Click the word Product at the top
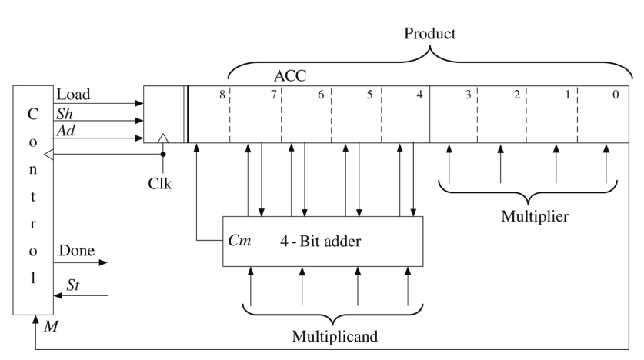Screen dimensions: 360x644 pyautogui.click(x=431, y=35)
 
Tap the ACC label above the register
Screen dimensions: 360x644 pyautogui.click(x=290, y=77)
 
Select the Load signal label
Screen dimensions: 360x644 pyautogui.click(x=74, y=95)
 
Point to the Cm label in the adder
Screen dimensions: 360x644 pyautogui.click(x=239, y=238)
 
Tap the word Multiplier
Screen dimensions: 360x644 pyautogui.click(x=536, y=215)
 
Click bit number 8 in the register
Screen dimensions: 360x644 pyautogui.click(x=222, y=95)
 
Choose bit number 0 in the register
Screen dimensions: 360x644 pyautogui.click(x=613, y=95)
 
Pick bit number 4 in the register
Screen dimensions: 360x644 pyautogui.click(x=419, y=95)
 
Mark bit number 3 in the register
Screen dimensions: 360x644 pyautogui.click(x=468, y=95)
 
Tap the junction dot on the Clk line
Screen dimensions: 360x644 pyautogui.click(x=162, y=154)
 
